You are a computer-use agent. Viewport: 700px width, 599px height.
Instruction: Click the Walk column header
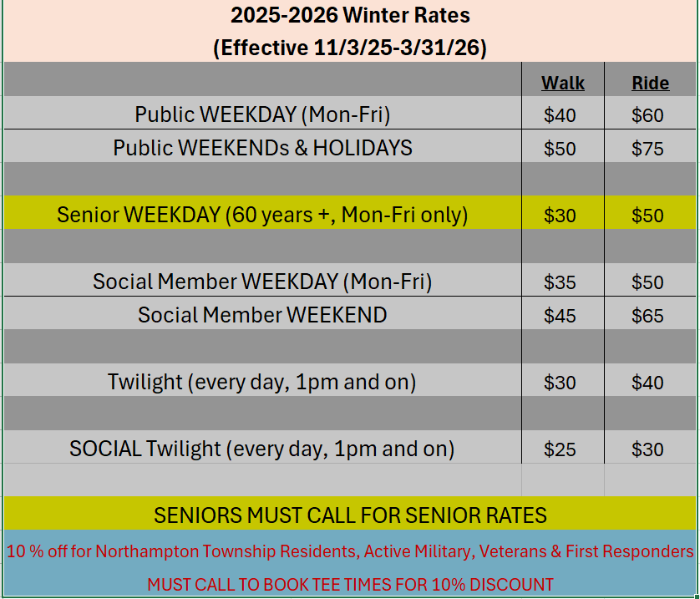[562, 84]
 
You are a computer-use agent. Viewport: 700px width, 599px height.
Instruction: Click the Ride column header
[651, 84]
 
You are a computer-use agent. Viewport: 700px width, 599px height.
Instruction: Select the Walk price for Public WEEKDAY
[560, 115]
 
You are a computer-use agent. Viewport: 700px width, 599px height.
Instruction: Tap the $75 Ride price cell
[647, 149]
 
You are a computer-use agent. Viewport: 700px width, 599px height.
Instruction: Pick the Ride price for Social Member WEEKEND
[647, 316]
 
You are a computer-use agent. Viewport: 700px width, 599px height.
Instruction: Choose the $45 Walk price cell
[560, 316]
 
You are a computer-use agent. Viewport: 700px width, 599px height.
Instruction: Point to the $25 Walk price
[560, 449]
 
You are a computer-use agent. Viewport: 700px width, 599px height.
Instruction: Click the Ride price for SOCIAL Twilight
[647, 449]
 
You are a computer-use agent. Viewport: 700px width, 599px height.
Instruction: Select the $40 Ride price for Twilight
[647, 383]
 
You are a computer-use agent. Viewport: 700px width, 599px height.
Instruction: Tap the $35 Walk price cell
[560, 282]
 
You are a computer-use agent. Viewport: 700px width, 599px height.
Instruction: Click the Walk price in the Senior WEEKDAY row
[560, 216]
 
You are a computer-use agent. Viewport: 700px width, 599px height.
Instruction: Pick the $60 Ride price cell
[647, 115]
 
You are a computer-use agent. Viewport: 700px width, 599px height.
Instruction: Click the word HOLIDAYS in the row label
[363, 148]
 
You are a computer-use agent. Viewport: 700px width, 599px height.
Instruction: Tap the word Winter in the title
[375, 15]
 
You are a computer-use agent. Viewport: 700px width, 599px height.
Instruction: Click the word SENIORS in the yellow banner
[198, 515]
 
